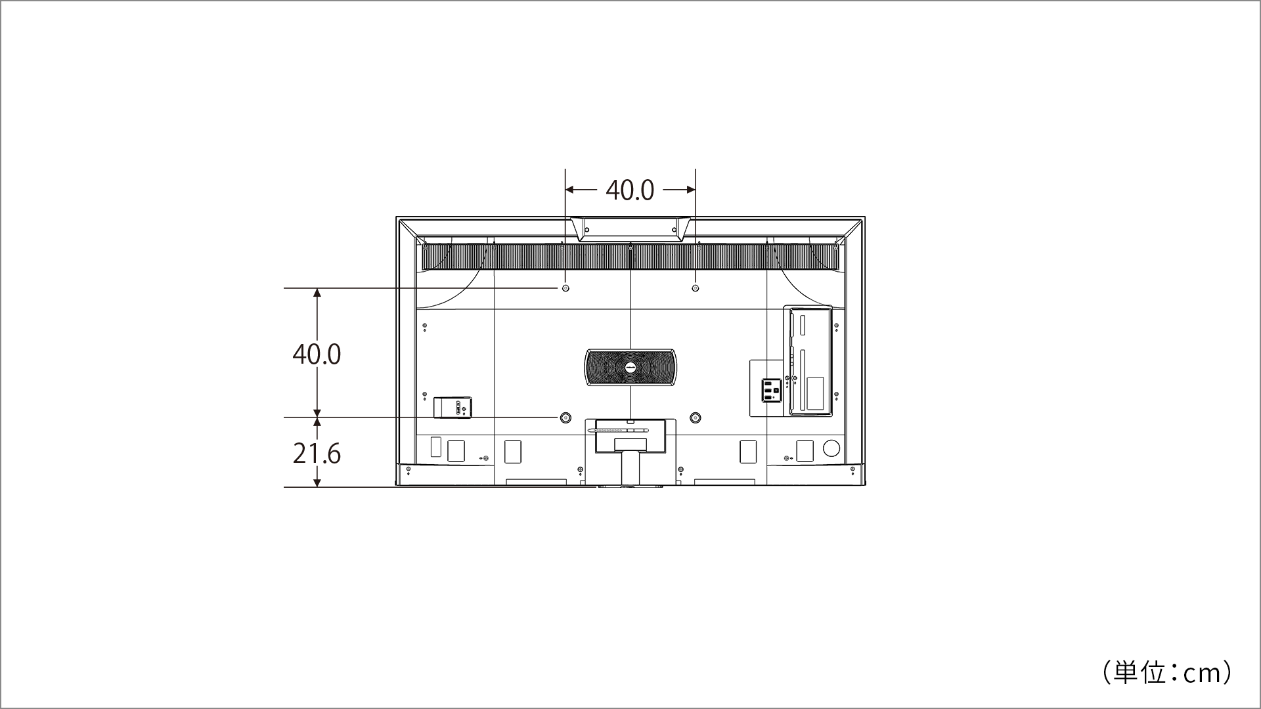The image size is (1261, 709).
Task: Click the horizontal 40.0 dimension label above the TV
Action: click(630, 190)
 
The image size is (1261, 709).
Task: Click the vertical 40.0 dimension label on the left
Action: click(317, 354)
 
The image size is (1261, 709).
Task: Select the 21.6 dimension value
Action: click(317, 454)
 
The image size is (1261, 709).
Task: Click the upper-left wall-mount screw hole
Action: click(565, 288)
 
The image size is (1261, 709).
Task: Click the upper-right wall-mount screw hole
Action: click(696, 288)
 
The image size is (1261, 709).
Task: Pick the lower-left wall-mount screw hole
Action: click(565, 418)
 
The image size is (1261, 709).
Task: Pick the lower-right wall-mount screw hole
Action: click(696, 418)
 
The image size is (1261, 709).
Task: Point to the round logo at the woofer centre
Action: click(630, 367)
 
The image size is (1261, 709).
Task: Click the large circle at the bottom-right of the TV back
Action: click(831, 448)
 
